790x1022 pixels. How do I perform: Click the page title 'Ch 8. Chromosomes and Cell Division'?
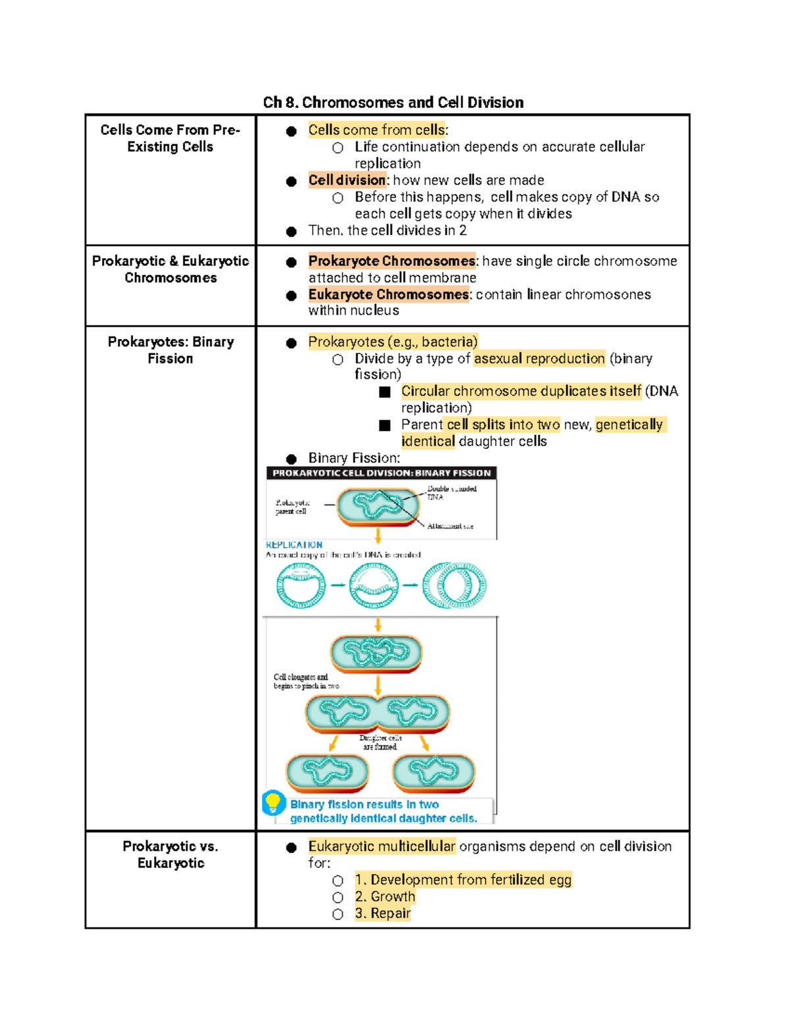pyautogui.click(x=393, y=103)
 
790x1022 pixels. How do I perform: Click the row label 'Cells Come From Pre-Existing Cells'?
pyautogui.click(x=170, y=138)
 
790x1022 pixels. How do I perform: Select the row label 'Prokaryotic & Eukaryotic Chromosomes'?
pyautogui.click(x=170, y=269)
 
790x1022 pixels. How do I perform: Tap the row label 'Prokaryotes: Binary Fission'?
pyautogui.click(x=170, y=350)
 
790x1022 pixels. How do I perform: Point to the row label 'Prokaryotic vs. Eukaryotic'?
pyautogui.click(x=170, y=854)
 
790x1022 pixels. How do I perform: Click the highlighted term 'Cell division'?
pyautogui.click(x=347, y=180)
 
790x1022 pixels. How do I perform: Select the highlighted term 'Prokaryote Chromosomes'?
pyautogui.click(x=392, y=261)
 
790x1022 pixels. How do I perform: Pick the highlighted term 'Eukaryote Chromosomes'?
pyautogui.click(x=388, y=294)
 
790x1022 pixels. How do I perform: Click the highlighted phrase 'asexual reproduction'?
pyautogui.click(x=539, y=359)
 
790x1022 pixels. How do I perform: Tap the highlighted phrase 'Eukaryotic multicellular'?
pyautogui.click(x=382, y=846)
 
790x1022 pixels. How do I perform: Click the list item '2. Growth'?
pyautogui.click(x=385, y=896)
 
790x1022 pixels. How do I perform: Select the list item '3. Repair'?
pyautogui.click(x=382, y=913)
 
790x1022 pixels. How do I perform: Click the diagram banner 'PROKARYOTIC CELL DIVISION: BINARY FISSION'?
pyautogui.click(x=381, y=473)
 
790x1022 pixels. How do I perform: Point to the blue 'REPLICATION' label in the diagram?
pyautogui.click(x=294, y=545)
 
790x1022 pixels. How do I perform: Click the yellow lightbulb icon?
pyautogui.click(x=273, y=802)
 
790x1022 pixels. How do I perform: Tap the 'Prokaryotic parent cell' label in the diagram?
pyautogui.click(x=292, y=507)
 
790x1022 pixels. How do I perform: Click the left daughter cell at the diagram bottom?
pyautogui.click(x=327, y=772)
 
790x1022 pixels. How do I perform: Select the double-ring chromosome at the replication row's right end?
pyautogui.click(x=455, y=585)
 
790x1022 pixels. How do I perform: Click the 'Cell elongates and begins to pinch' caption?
pyautogui.click(x=306, y=681)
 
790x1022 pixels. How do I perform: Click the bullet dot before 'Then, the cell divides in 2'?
pyautogui.click(x=291, y=231)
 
